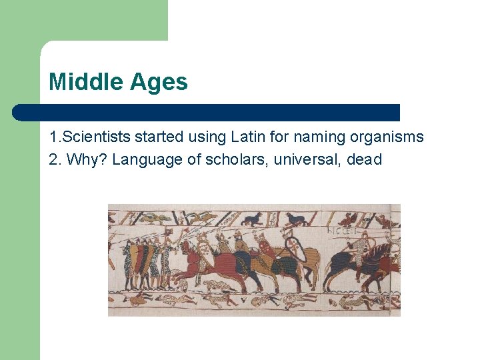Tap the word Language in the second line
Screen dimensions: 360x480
tap(143, 160)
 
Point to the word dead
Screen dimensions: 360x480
tap(365, 160)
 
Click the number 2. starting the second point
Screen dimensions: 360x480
tap(55, 160)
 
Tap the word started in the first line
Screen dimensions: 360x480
tap(158, 137)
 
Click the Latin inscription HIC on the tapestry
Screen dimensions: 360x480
tap(342, 231)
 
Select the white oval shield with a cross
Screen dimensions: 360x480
tap(294, 250)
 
